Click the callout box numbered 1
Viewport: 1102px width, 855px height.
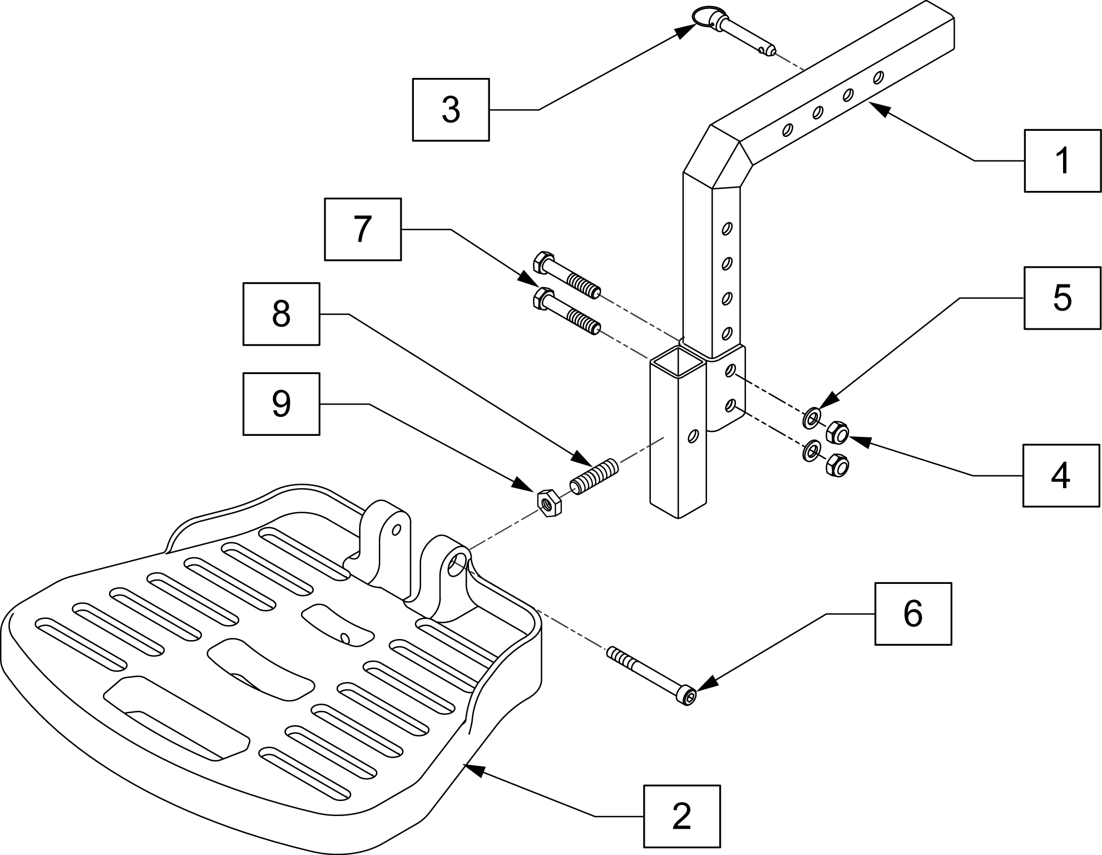pyautogui.click(x=1063, y=161)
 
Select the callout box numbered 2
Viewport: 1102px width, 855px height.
pyautogui.click(x=681, y=816)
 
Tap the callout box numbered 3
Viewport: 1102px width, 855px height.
pyautogui.click(x=451, y=110)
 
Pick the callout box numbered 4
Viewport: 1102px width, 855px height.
pyautogui.click(x=1061, y=475)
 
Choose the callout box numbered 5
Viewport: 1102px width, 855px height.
pyautogui.click(x=1063, y=298)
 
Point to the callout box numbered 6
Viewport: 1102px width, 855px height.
pyautogui.click(x=913, y=614)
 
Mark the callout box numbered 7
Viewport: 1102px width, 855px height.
pyautogui.click(x=363, y=229)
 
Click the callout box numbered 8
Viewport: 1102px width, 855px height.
pyautogui.click(x=281, y=314)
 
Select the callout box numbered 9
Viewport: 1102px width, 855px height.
pyautogui.click(x=281, y=404)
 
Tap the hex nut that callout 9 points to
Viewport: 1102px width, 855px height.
pyautogui.click(x=548, y=502)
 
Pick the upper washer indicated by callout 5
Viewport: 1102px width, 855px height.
pyautogui.click(x=812, y=417)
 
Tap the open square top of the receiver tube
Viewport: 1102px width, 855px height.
pyautogui.click(x=678, y=363)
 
